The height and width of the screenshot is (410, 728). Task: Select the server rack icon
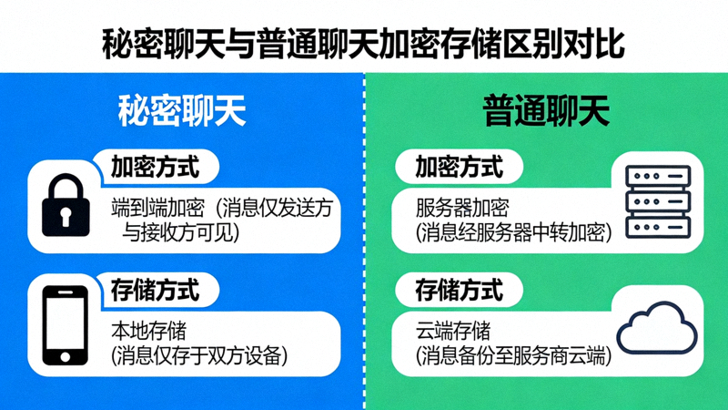point(658,202)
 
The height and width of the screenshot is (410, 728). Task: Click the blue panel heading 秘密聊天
point(182,111)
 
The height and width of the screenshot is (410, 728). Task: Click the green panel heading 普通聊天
point(546,111)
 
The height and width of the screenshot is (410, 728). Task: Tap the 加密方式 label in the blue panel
point(155,167)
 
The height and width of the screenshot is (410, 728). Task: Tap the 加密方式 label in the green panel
point(459,167)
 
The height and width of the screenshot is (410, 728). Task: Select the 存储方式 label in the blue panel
point(155,291)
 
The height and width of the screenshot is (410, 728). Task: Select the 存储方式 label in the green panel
point(459,291)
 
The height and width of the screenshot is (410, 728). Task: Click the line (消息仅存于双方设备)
point(199,355)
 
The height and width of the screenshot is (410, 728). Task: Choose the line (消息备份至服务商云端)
point(513,355)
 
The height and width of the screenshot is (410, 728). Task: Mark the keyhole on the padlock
point(66,215)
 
